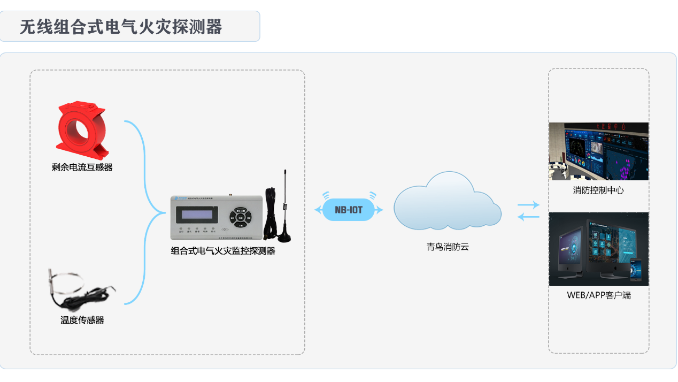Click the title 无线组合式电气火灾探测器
coord(121,27)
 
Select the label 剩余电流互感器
coord(82,167)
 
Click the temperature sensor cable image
coord(80,292)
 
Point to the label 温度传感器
coord(82,320)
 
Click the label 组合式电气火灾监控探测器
coord(223,251)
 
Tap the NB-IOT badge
coord(349,210)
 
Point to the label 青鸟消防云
coord(448,247)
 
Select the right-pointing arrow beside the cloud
coord(528,205)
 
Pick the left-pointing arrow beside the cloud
coord(528,216)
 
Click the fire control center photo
coord(598,151)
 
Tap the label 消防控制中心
coord(598,190)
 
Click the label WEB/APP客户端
coord(598,295)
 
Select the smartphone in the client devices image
coord(635,270)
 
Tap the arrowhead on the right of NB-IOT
coord(380,210)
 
